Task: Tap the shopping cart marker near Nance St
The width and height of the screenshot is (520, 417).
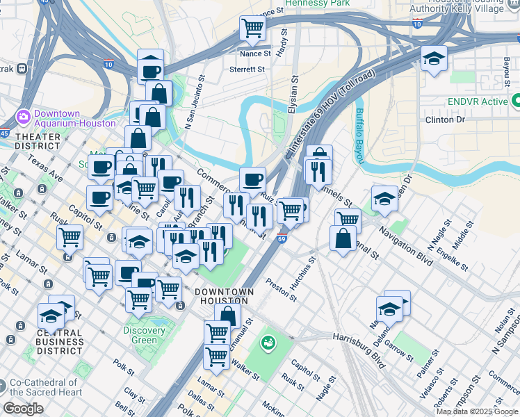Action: click(x=252, y=28)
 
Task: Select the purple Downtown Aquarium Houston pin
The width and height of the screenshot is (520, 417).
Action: click(x=23, y=116)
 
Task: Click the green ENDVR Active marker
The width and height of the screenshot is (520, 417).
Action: click(x=515, y=102)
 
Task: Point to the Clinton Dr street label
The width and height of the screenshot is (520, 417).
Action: click(x=444, y=120)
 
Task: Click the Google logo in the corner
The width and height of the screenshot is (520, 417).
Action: click(x=23, y=409)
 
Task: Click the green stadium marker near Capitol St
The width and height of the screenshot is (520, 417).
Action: click(x=268, y=343)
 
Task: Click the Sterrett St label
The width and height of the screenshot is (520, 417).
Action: click(x=247, y=69)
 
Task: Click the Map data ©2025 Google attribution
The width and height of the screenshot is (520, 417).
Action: click(x=476, y=411)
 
